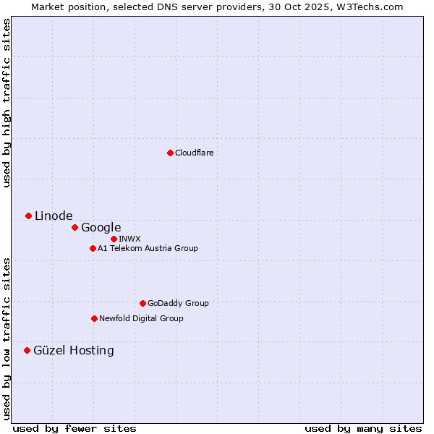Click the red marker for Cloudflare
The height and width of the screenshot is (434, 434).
(170, 153)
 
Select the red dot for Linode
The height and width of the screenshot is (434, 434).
(28, 216)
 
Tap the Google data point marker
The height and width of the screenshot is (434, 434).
(75, 227)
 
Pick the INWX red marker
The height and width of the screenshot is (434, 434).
(114, 239)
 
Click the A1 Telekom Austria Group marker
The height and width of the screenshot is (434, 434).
(93, 248)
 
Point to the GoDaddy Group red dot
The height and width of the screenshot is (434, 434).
(142, 303)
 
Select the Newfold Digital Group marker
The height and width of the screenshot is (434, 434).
(94, 318)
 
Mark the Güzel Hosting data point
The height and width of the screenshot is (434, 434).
(27, 350)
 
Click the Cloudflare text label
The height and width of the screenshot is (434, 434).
(195, 153)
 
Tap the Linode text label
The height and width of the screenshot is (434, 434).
(54, 216)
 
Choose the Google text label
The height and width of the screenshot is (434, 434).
(101, 227)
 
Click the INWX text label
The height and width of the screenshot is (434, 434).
(129, 239)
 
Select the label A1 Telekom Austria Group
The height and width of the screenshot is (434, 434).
(148, 248)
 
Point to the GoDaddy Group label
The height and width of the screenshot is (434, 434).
(178, 303)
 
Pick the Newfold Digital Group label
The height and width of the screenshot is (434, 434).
(141, 318)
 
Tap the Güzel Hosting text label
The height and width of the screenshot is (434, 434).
(74, 350)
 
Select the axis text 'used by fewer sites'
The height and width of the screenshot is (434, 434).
(75, 428)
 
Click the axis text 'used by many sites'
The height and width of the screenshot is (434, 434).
(363, 428)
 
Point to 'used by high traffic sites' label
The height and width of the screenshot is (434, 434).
(7, 103)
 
